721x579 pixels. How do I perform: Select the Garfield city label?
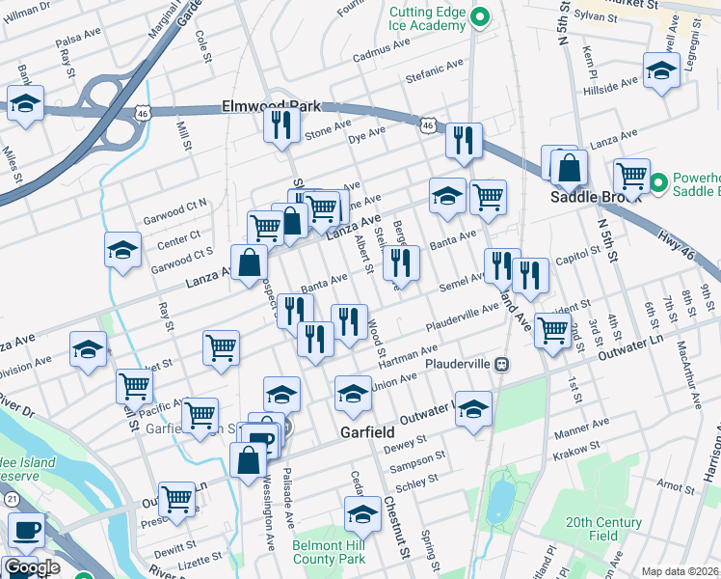[x=369, y=434]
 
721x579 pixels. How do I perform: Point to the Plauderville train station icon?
[x=501, y=365]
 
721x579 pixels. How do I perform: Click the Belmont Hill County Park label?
[x=329, y=552]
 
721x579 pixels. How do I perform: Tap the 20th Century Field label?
[x=604, y=528]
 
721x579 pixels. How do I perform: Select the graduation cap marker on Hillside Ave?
[x=660, y=72]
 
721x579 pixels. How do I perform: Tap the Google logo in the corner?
[x=31, y=568]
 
